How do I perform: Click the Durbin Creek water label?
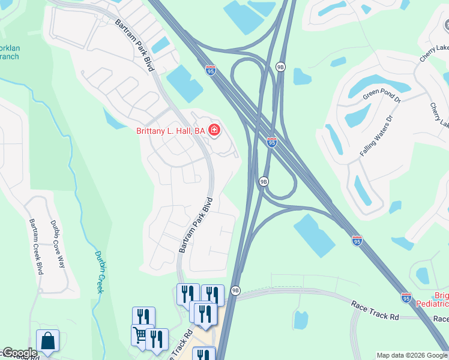[100, 271]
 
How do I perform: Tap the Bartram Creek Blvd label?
[35, 246]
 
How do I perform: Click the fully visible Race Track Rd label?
[375, 307]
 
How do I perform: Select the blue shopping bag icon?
[47, 342]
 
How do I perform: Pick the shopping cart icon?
[140, 334]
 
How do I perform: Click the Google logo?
[20, 353]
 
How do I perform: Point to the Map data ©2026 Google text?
[412, 355]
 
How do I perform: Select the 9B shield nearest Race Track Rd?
[235, 290]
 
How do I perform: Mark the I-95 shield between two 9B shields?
[271, 142]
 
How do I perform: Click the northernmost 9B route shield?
[280, 67]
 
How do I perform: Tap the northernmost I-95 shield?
[210, 70]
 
